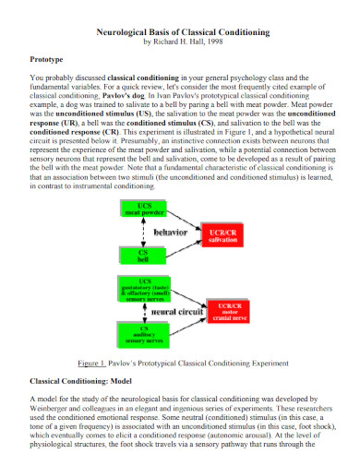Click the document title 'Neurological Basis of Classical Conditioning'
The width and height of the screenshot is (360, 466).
tap(183, 31)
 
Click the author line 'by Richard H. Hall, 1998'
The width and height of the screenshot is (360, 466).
tap(183, 42)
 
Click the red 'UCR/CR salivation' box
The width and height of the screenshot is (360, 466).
tap(223, 235)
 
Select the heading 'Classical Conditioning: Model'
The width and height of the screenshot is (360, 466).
tap(86, 380)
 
